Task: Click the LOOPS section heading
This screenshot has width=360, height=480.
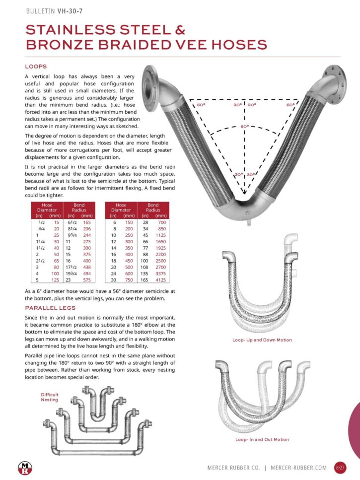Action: click(x=36, y=66)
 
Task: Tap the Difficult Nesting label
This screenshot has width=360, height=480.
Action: click(x=50, y=397)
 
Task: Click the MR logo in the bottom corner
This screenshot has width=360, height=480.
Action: click(x=24, y=467)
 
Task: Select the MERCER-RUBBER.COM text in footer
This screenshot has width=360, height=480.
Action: click(x=299, y=468)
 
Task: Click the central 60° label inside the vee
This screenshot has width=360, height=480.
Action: click(x=244, y=127)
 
